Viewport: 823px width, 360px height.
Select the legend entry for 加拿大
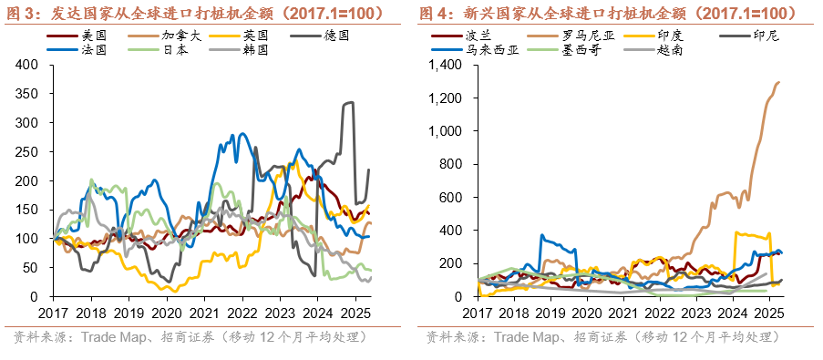coord(179,35)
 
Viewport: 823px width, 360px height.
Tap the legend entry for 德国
coord(336,35)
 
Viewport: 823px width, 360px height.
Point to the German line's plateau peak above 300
coord(347,104)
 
